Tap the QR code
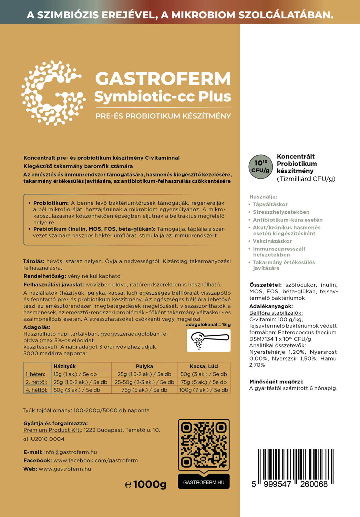click(204, 444)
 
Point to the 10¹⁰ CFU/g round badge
click(261, 166)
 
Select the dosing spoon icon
click(208, 340)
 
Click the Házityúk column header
click(65, 366)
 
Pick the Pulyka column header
click(144, 366)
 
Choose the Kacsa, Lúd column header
click(204, 366)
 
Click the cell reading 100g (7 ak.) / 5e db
click(204, 390)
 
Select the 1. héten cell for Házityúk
click(75, 374)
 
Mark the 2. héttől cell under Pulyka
click(144, 382)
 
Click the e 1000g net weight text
click(146, 484)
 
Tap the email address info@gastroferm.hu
click(71, 452)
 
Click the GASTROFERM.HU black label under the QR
click(204, 482)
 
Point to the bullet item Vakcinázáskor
click(272, 241)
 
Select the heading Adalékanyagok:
click(271, 306)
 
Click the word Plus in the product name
click(215, 96)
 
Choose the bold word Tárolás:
click(34, 261)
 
